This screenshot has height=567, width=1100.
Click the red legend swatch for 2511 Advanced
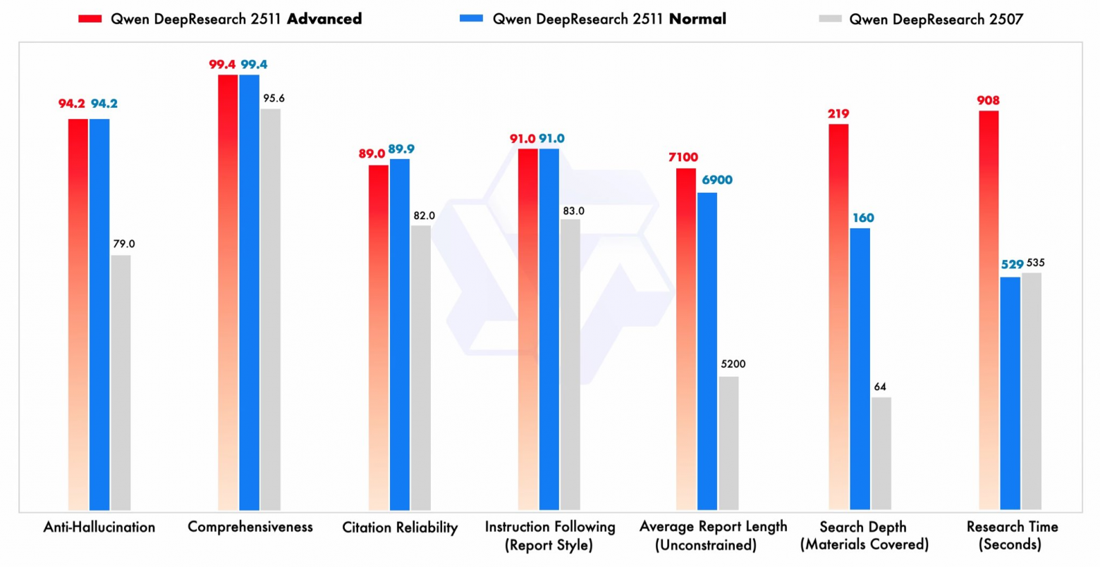click(90, 19)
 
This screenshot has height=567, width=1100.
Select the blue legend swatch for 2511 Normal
click(471, 19)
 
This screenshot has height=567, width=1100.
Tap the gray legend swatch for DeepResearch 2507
click(830, 19)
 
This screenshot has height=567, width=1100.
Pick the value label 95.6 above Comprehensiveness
click(274, 99)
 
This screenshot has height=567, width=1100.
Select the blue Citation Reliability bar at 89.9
click(400, 334)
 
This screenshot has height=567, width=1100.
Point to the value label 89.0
click(372, 154)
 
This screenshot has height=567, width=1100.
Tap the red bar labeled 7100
click(686, 339)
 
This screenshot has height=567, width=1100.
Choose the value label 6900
click(716, 180)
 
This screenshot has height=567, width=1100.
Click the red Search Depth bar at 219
click(838, 316)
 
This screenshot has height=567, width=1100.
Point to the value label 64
click(880, 387)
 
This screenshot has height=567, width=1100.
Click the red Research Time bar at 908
click(989, 310)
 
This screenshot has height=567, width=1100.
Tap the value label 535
click(1035, 263)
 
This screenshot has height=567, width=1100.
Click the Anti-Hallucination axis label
click(99, 527)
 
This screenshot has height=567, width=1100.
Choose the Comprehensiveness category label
click(250, 527)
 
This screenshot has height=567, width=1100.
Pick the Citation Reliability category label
click(400, 528)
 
